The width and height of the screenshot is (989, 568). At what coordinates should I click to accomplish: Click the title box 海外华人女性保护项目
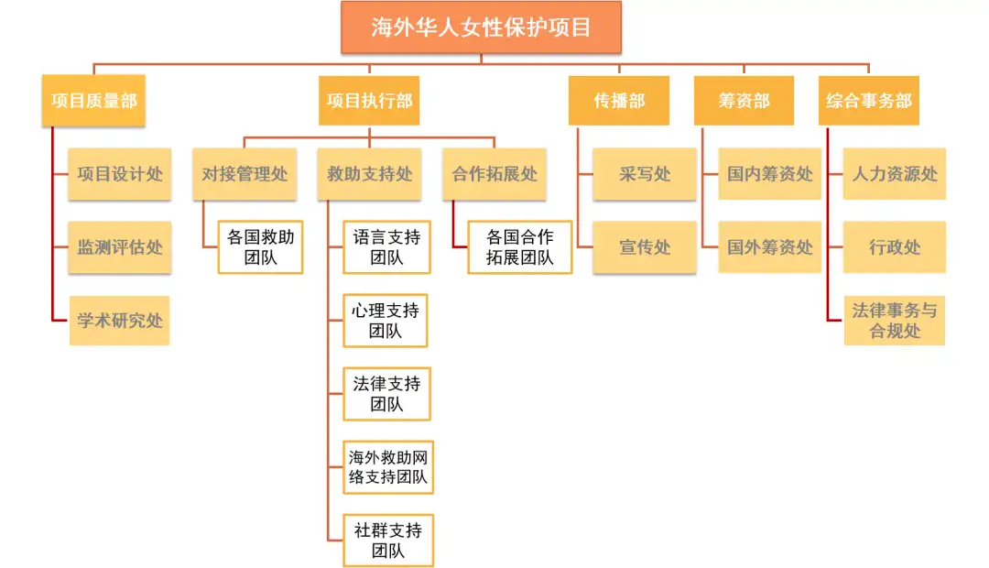[x=481, y=27]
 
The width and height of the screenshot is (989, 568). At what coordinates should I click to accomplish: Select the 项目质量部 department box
[x=93, y=101]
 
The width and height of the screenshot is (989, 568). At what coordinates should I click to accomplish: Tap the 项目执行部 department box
[x=370, y=101]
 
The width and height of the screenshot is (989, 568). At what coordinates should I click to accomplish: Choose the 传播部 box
[x=619, y=101]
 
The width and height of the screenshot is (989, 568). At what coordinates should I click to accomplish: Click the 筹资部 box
[x=744, y=101]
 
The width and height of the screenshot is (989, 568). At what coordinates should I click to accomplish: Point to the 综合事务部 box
[x=868, y=101]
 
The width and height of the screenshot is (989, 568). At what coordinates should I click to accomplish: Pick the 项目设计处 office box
[x=120, y=174]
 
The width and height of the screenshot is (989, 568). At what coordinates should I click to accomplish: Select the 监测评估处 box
[x=120, y=246]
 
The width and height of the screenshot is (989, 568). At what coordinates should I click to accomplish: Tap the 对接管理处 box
[x=245, y=174]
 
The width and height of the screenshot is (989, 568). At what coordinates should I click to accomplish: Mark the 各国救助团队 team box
[x=260, y=247]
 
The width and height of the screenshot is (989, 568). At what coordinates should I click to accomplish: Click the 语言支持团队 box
[x=386, y=247]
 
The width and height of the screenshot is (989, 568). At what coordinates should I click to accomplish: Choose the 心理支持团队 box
[x=386, y=321]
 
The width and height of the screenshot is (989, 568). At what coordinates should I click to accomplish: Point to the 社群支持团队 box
[x=386, y=541]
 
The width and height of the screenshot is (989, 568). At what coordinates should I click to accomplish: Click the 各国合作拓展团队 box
[x=520, y=247]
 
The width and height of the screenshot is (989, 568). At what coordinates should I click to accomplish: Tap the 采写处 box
[x=645, y=174]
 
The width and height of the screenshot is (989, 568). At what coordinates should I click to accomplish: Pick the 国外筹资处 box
[x=769, y=246]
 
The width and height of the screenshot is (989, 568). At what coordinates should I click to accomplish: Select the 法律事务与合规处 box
[x=895, y=320]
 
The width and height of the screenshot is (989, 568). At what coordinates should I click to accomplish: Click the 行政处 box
[x=895, y=246]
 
